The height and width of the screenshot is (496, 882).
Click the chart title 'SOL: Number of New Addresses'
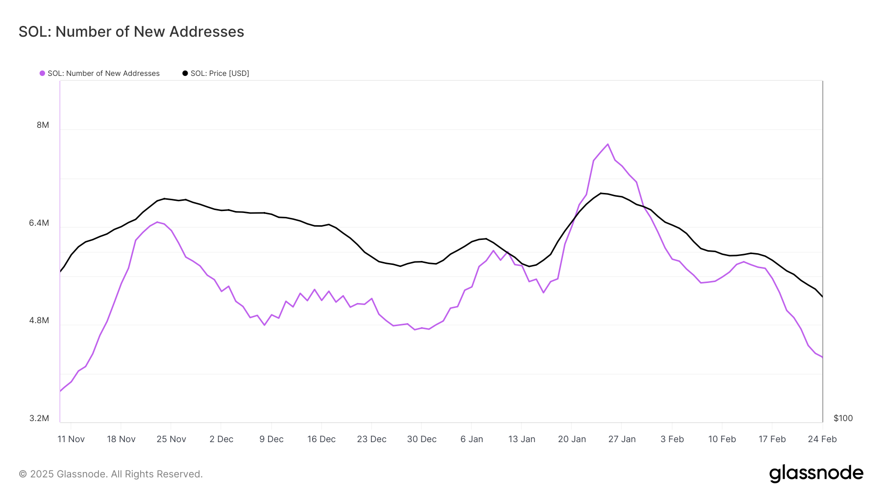[131, 32]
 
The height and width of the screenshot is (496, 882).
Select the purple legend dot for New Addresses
[42, 73]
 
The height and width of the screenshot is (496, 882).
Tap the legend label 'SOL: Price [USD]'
[220, 73]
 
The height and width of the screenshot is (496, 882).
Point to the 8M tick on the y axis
[43, 125]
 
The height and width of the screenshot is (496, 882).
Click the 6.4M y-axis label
[39, 223]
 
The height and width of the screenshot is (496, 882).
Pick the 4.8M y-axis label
[39, 320]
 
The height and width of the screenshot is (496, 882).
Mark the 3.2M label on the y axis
[39, 418]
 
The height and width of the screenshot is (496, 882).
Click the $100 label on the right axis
[843, 418]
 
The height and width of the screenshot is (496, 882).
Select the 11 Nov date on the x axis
[71, 439]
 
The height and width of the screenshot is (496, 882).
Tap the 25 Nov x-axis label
[171, 439]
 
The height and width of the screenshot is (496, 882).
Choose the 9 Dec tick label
[271, 439]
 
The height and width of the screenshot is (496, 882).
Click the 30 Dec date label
[421, 439]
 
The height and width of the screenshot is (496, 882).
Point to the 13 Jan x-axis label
[521, 439]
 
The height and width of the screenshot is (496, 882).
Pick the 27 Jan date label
[622, 439]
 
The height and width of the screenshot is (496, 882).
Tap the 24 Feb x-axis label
[822, 439]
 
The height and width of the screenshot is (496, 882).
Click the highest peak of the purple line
[608, 144]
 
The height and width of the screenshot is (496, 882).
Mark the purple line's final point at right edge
[822, 357]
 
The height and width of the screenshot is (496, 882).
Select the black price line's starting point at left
[60, 271]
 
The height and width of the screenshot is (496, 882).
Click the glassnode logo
[816, 473]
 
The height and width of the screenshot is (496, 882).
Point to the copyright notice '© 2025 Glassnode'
[111, 474]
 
